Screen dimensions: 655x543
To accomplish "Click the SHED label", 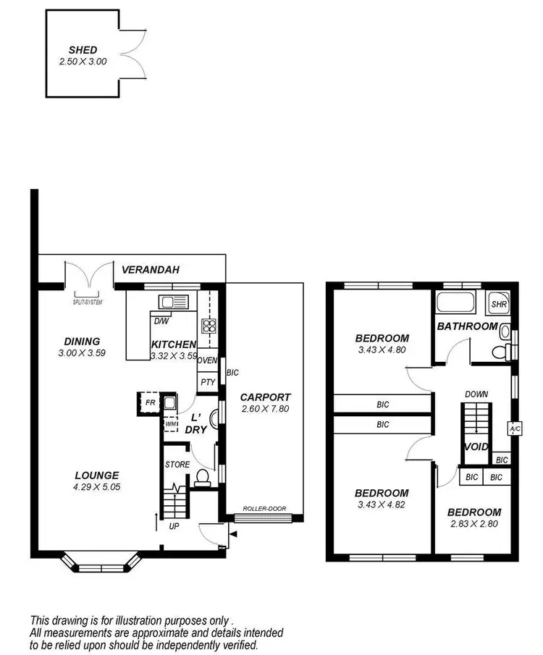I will (83, 50).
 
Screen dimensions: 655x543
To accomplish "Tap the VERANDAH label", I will (151, 269).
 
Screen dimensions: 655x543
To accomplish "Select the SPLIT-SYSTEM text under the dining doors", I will (88, 302).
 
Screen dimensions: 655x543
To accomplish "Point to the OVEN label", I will (207, 360).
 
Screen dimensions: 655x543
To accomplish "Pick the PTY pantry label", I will (207, 381).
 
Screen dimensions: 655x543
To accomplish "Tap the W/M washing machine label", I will (170, 423).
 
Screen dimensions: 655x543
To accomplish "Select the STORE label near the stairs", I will (177, 465).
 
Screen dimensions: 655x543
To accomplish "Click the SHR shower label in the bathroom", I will (499, 305).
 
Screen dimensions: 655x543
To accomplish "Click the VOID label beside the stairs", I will (476, 447).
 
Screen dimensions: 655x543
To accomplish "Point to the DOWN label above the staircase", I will (477, 394).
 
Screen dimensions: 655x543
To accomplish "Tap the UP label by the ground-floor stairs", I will (174, 526).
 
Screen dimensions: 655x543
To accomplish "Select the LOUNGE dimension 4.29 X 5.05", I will (96, 487).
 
